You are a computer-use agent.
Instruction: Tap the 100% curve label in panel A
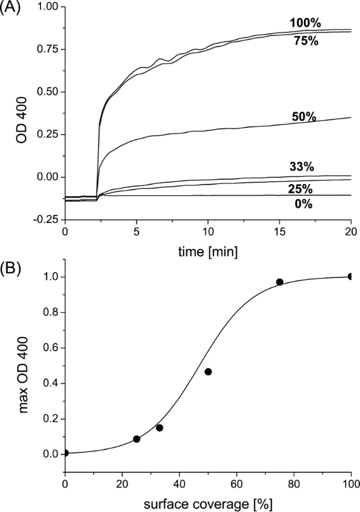(306, 23)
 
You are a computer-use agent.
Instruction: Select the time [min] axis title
(208, 252)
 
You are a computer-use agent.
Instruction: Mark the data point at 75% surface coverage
(280, 282)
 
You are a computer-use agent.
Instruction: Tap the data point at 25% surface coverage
(136, 439)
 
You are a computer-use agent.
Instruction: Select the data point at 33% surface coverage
(159, 427)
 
